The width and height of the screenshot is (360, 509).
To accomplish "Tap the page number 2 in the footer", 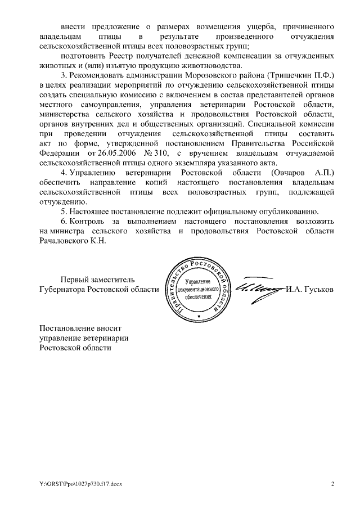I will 332,483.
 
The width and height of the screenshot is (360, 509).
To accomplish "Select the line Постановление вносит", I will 79,327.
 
